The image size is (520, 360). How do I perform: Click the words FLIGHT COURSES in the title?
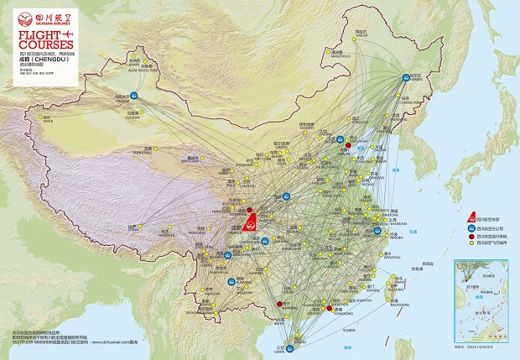tap(37, 41)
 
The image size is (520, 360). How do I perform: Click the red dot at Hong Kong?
tap(329, 309)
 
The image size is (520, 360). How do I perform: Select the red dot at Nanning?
tap(279, 304)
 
